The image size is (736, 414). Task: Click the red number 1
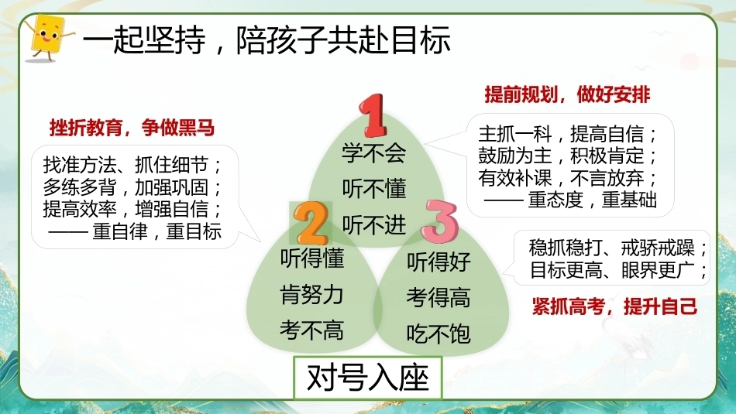pyautogui.click(x=373, y=115)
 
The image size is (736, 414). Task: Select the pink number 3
pyautogui.click(x=439, y=221)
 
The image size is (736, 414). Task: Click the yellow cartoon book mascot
pyautogui.click(x=47, y=37)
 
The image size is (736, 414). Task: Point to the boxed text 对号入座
pyautogui.click(x=367, y=378)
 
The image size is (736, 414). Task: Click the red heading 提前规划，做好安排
pyautogui.click(x=567, y=94)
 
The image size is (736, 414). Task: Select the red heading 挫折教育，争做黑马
pyautogui.click(x=132, y=128)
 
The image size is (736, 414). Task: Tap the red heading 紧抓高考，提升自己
pyautogui.click(x=614, y=306)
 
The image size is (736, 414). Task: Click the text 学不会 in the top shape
pyautogui.click(x=373, y=153)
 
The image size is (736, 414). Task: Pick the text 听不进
pyautogui.click(x=373, y=225)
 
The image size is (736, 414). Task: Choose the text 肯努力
pyautogui.click(x=311, y=294)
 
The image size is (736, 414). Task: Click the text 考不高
pyautogui.click(x=311, y=330)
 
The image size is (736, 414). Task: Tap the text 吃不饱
pyautogui.click(x=439, y=334)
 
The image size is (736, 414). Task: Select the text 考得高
pyautogui.click(x=439, y=298)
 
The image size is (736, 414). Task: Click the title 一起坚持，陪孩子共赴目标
pyautogui.click(x=267, y=39)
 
